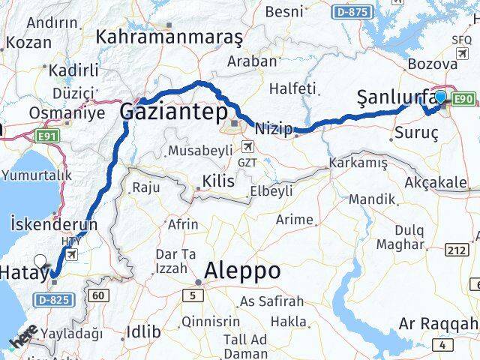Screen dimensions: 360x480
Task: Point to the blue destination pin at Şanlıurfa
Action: [x=441, y=97]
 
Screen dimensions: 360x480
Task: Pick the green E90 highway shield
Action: [x=463, y=98]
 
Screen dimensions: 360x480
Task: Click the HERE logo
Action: [x=24, y=335]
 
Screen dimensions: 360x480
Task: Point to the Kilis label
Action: [x=217, y=181]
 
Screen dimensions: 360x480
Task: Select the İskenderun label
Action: [x=54, y=223]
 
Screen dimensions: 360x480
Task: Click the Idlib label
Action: [x=144, y=331]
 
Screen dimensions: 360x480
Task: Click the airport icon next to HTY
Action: [x=72, y=255]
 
